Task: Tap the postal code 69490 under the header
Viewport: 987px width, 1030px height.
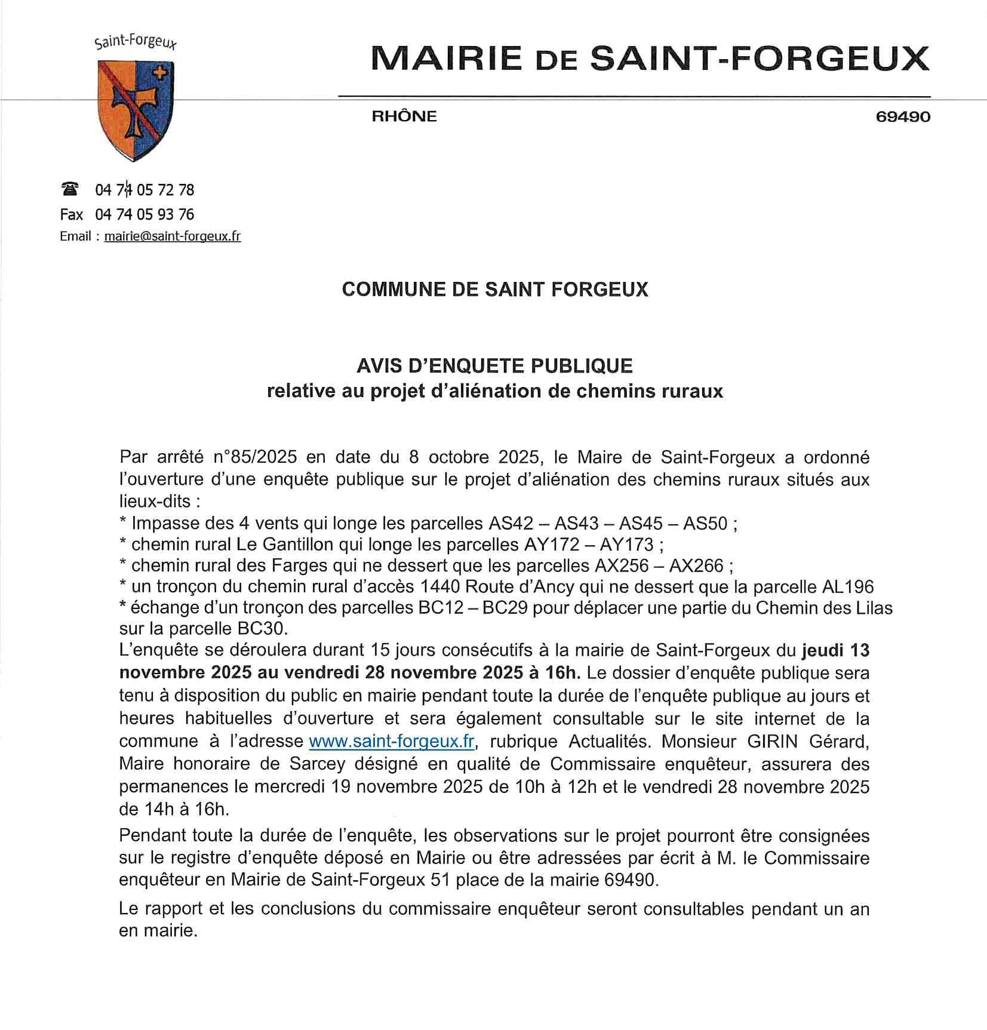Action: coord(902,116)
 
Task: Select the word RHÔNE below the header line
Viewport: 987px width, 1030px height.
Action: coord(404,116)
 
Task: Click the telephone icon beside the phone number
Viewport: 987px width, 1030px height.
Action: coord(70,189)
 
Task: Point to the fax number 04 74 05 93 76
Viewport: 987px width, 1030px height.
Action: coord(144,214)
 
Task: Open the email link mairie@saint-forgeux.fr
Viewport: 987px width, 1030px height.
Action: coord(173,236)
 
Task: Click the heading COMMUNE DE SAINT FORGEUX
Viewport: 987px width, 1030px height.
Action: coord(495,290)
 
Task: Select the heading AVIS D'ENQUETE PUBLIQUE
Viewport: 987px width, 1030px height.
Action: coord(495,365)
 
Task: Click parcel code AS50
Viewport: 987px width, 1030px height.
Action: coord(705,524)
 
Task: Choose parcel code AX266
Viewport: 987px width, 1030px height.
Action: coord(696,565)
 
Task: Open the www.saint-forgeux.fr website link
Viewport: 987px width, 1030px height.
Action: coord(392,741)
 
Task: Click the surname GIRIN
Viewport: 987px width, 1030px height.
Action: coord(773,741)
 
